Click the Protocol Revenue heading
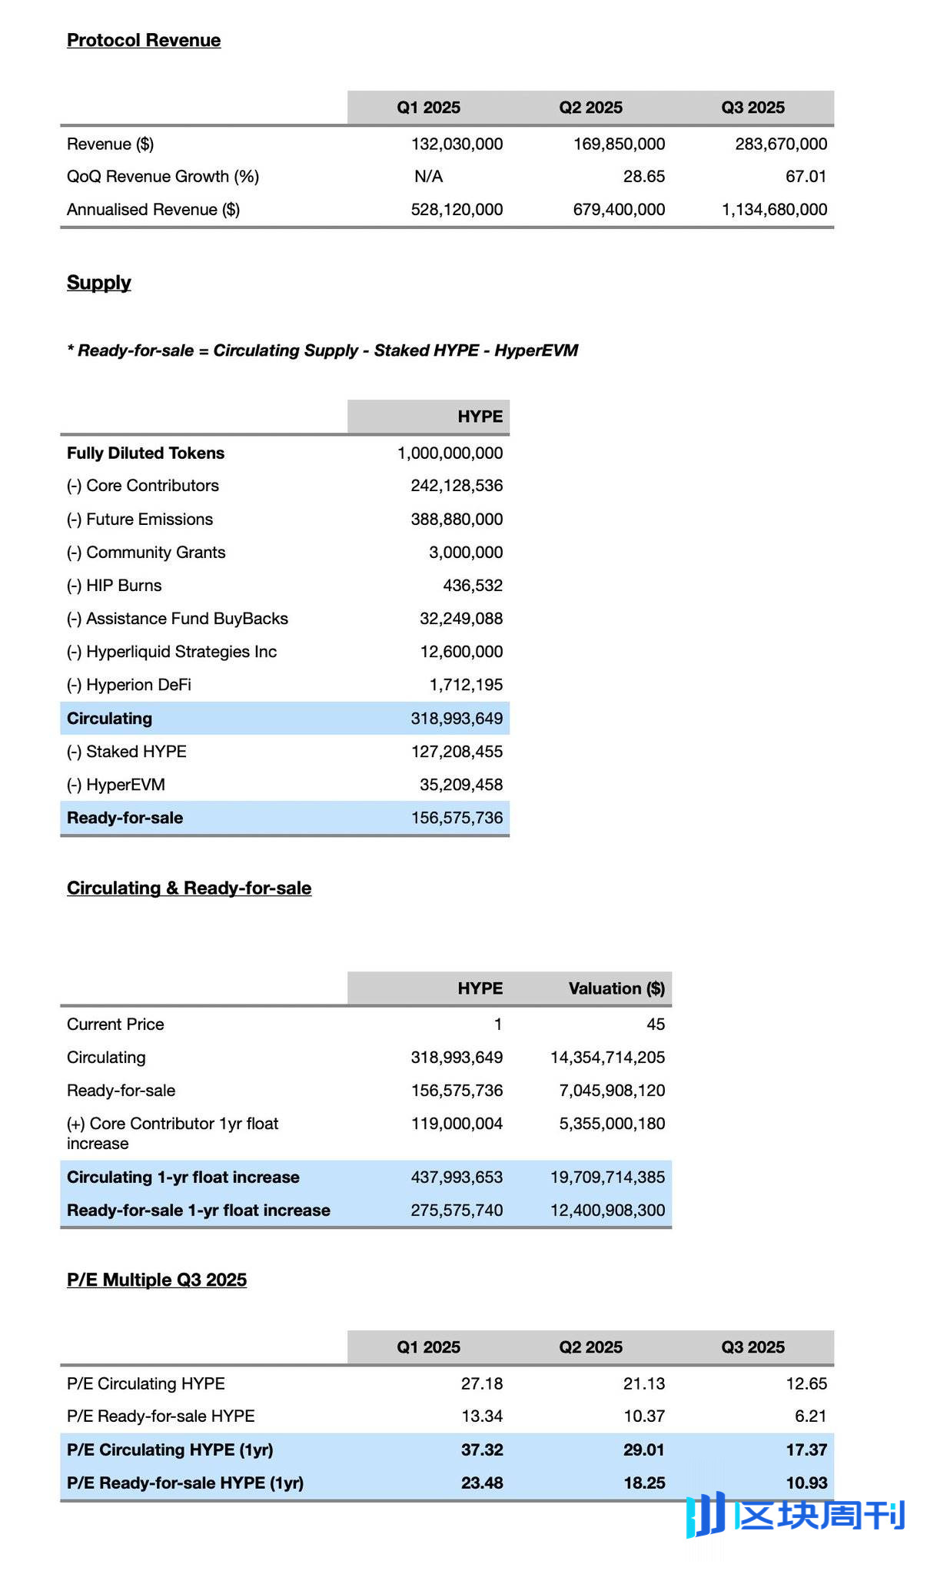[144, 40]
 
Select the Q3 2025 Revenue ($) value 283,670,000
[781, 144]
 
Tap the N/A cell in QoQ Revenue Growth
[428, 177]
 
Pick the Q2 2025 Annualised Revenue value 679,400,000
[619, 210]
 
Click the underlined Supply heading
[99, 283]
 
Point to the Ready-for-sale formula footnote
[322, 350]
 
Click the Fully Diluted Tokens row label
[145, 453]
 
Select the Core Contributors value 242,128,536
[457, 486]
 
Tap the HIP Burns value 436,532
[473, 586]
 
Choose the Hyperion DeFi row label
[129, 685]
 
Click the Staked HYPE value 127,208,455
[457, 752]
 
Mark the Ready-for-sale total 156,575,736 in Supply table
[457, 818]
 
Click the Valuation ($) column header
[616, 988]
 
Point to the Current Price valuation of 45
[656, 1024]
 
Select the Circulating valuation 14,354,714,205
[607, 1058]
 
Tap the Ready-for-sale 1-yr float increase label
[198, 1210]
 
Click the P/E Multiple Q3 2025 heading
[157, 1280]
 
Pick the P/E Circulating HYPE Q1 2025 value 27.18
[482, 1383]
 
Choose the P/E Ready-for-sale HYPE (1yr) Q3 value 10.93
[806, 1483]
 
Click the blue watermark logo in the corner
[796, 1515]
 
